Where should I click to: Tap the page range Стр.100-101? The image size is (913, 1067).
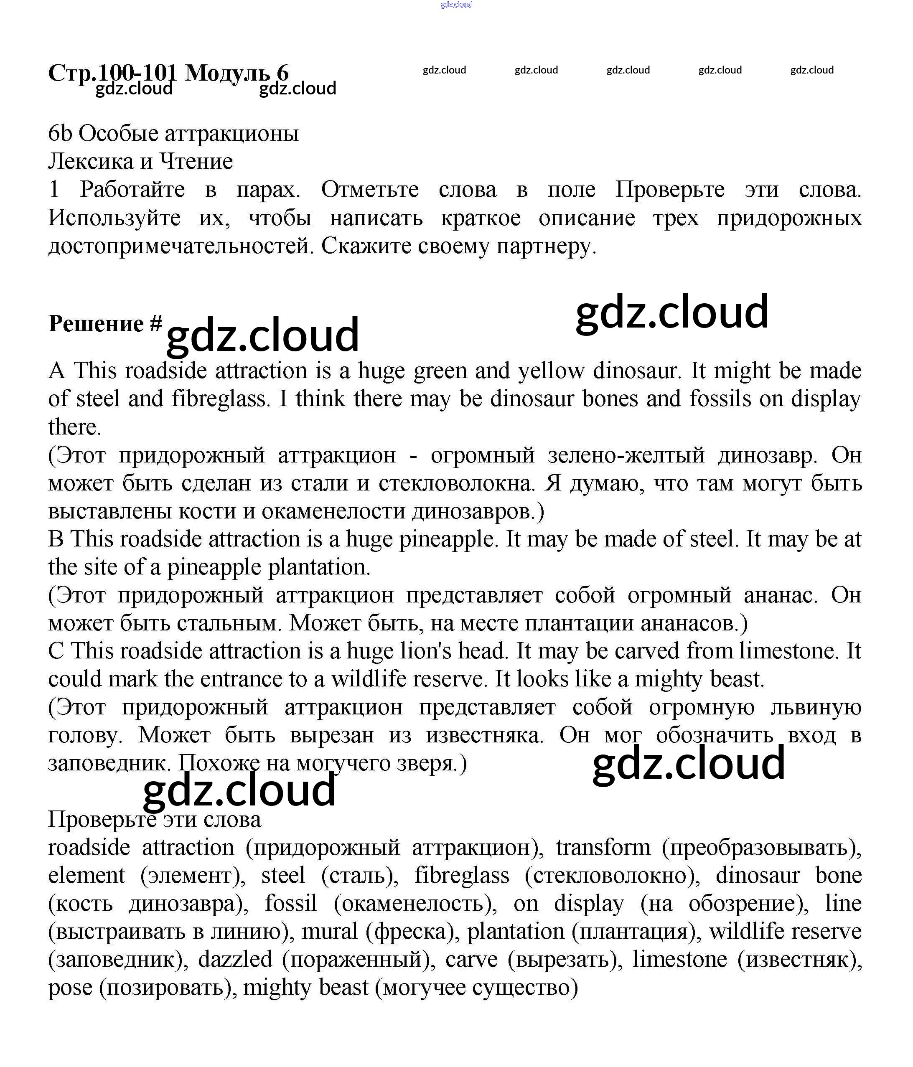[x=112, y=73]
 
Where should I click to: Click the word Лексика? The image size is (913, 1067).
[x=94, y=162]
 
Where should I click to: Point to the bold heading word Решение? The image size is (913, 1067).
[x=96, y=323]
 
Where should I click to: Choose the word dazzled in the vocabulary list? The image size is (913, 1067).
[x=235, y=959]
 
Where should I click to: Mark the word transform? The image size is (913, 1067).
[x=603, y=848]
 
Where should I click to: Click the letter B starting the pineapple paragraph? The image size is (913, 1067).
[x=56, y=539]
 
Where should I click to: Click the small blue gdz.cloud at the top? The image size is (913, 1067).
[x=456, y=5]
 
